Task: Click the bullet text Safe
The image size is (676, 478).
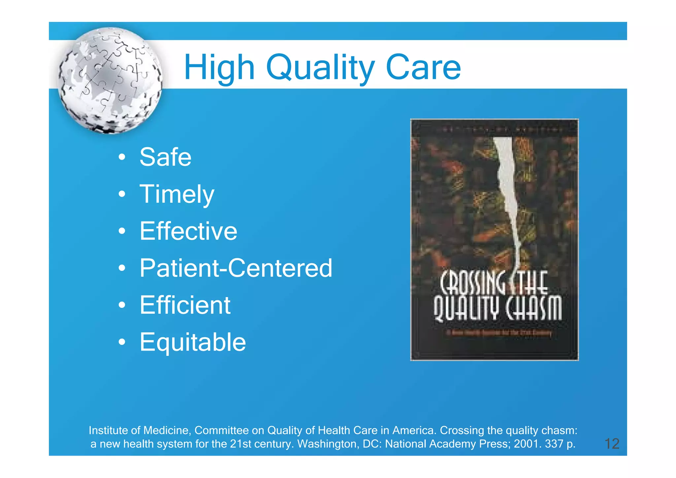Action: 165,157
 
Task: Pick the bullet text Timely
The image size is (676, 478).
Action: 177,194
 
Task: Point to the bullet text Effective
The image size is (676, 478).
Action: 188,231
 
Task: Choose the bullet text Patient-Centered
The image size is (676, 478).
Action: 236,268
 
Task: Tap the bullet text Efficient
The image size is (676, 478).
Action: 185,305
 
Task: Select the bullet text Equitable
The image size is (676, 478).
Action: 193,342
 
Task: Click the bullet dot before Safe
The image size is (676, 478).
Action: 122,157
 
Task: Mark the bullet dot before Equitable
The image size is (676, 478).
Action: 122,342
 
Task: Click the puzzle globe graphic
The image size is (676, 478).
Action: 110,81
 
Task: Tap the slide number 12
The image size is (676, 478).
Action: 612,444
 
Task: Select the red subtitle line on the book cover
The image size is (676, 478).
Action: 499,333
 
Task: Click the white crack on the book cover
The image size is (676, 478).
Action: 507,185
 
